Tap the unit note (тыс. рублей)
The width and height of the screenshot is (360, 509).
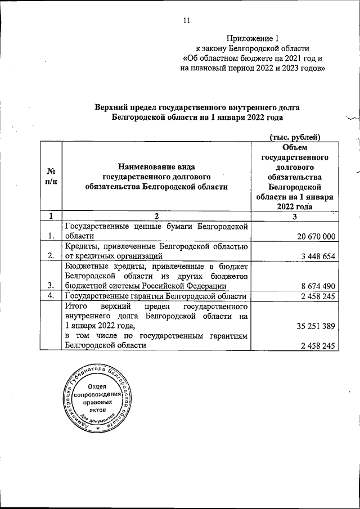296,137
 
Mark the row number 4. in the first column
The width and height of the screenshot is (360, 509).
51,296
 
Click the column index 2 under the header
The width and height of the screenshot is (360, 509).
157,216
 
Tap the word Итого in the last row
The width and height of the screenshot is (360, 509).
76,307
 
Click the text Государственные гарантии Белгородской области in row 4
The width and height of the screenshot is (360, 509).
155,296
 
